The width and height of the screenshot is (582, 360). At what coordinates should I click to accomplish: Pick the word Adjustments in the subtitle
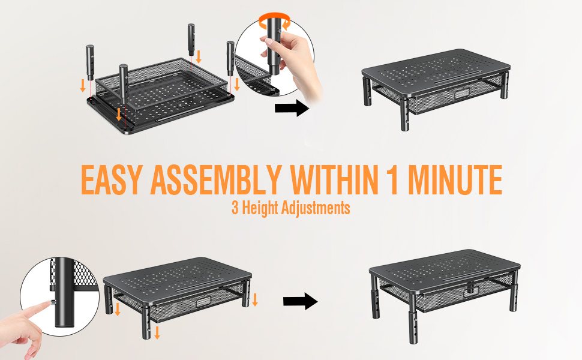(x=317, y=208)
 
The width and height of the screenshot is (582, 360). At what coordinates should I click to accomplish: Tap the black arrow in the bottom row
(x=300, y=301)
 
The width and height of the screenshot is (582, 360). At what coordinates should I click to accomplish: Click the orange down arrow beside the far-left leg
(x=83, y=85)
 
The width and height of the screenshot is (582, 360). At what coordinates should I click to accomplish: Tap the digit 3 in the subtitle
(x=235, y=208)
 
